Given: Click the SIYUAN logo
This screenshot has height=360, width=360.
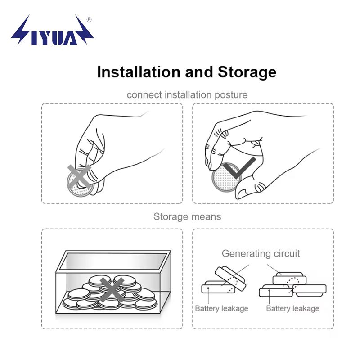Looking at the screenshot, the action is coord(52,30).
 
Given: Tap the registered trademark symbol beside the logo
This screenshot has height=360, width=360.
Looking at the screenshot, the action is coord(89,20).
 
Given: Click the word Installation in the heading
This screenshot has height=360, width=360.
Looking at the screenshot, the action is coord(139,72).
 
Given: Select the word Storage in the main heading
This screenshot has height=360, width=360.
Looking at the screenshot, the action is coord(247,72).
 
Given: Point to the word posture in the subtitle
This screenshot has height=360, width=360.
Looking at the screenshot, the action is coord(231,95).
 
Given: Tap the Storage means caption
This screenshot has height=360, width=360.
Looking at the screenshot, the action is coord(187,216).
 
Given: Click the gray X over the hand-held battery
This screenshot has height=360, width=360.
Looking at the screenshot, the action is coord(79,176).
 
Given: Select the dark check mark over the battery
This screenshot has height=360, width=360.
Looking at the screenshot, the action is coord(239,167).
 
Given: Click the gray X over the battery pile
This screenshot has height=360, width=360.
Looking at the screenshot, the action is coord(112,289).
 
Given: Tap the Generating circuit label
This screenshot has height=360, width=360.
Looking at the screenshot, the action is coord(261,253).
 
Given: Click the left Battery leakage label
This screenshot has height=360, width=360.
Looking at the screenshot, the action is coord(221,308).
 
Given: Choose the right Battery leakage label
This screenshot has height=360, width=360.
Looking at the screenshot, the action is coord(293,308).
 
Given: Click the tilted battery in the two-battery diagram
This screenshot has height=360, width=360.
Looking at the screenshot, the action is coord(230,278).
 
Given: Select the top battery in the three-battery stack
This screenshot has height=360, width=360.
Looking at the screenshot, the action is coord(289,278).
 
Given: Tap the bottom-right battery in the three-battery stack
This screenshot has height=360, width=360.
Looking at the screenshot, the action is coord(310,290).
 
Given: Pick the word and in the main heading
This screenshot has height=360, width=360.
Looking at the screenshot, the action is coord(199,72).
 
